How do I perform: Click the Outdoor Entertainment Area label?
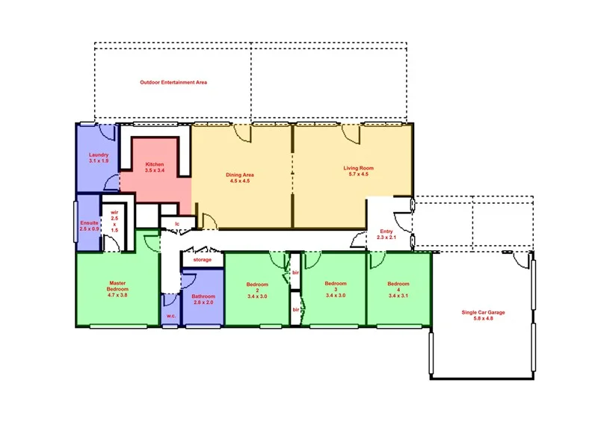tap(173, 82)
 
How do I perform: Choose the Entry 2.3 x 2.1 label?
tap(386, 235)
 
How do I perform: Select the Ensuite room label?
tap(90, 225)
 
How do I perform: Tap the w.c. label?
tap(170, 316)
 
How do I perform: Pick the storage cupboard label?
tap(202, 260)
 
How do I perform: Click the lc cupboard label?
tap(177, 223)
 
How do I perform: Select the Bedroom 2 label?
tap(257, 290)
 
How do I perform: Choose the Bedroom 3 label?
tap(336, 289)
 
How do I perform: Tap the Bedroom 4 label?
tap(398, 289)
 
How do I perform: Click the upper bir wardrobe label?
tap(296, 273)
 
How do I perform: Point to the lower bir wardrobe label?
tap(296, 309)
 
